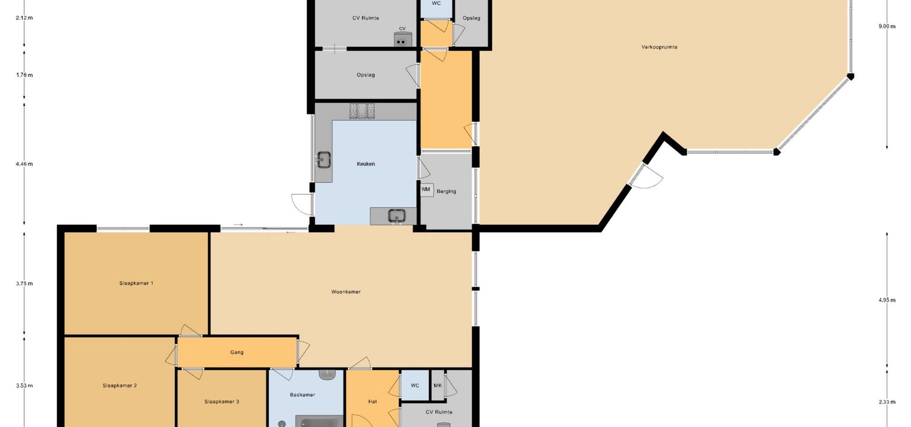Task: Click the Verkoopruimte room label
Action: (x=659, y=47)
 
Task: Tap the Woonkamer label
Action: (x=346, y=292)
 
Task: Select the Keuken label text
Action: (x=366, y=164)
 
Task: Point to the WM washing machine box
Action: (x=426, y=190)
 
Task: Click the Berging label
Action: (x=446, y=192)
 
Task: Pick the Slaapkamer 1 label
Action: (x=136, y=283)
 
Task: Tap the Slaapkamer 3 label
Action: (x=222, y=401)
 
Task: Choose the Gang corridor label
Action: (x=237, y=353)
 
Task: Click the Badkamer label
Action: (x=302, y=395)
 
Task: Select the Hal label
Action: (x=372, y=401)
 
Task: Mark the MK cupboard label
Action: (x=437, y=385)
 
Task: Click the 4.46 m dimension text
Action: (x=24, y=164)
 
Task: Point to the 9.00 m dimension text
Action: (x=887, y=27)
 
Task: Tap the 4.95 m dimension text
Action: (x=887, y=300)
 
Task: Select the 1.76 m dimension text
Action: (x=24, y=75)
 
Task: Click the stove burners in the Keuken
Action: (x=362, y=111)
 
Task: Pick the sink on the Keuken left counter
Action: (x=324, y=159)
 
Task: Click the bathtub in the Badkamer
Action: (x=319, y=421)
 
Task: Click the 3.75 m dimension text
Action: (x=24, y=284)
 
